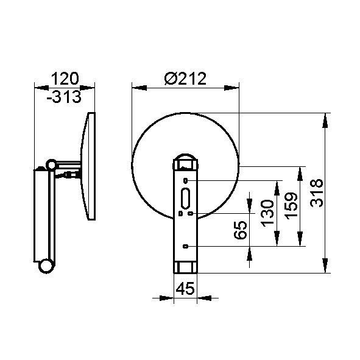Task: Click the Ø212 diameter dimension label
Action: (185, 79)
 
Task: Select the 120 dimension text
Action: (65, 79)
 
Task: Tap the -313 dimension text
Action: (64, 97)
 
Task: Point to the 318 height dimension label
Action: (317, 193)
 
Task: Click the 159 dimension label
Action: (291, 206)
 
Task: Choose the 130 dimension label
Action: (267, 213)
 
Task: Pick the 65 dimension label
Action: (240, 230)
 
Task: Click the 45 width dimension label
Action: (185, 288)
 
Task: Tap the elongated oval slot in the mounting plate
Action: (185, 199)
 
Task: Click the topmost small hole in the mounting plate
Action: (186, 181)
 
